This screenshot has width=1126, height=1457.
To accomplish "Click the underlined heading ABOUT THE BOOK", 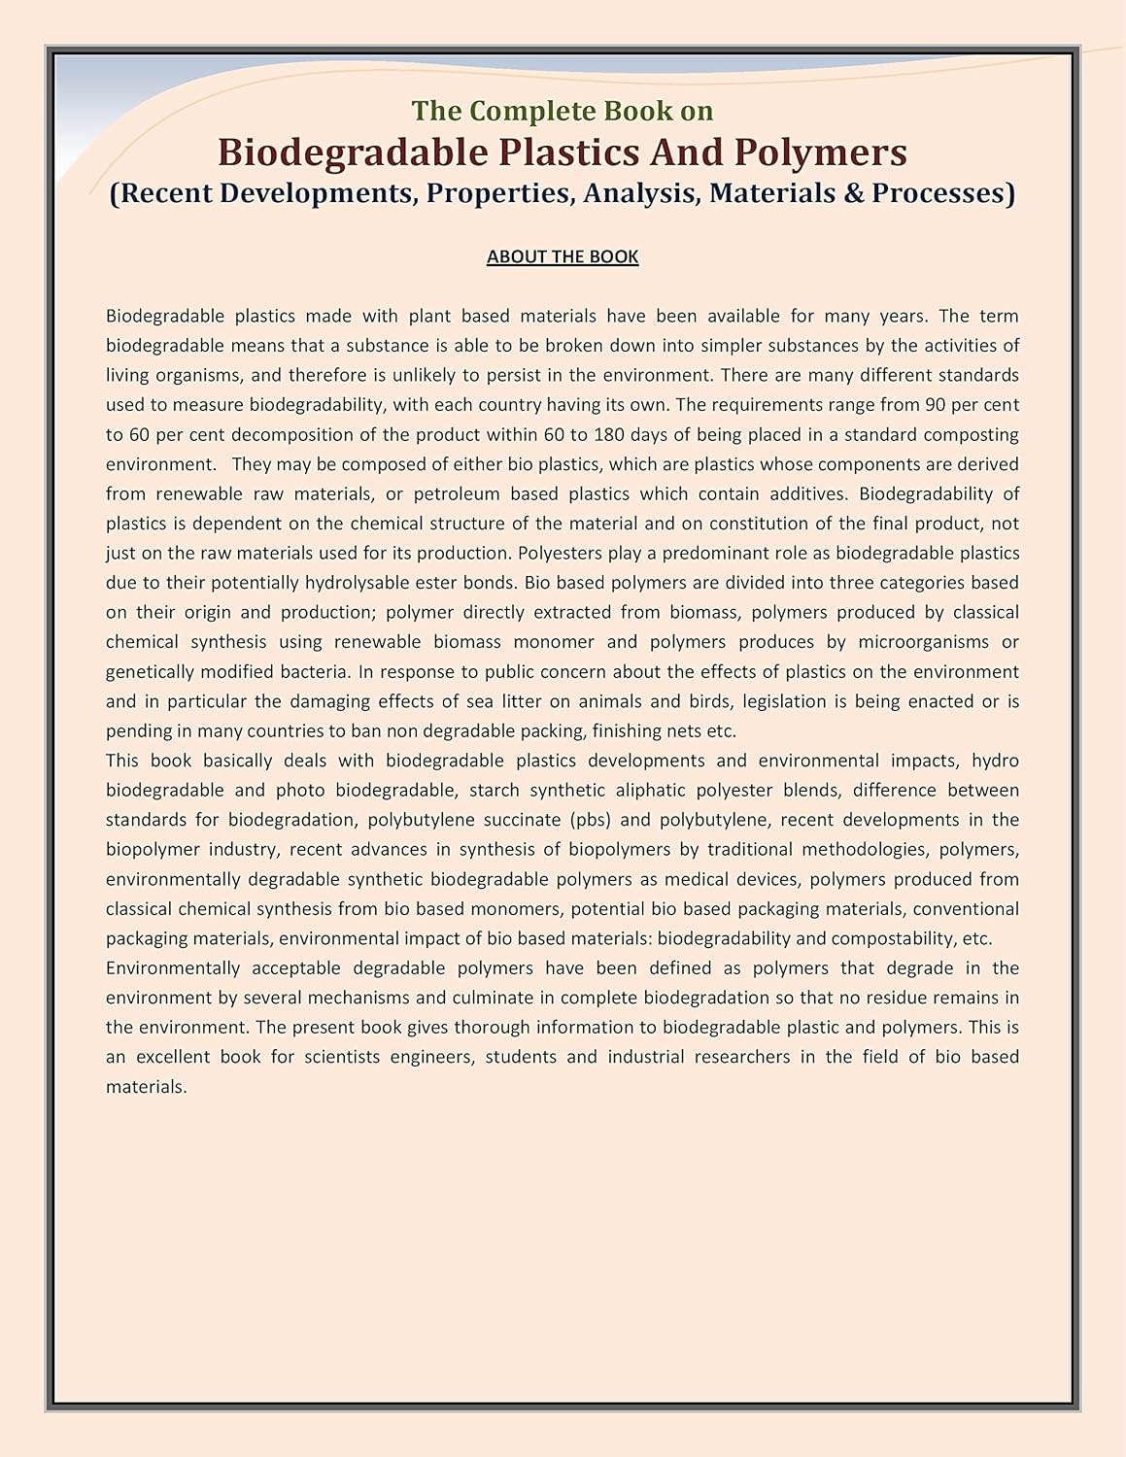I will point(563,256).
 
